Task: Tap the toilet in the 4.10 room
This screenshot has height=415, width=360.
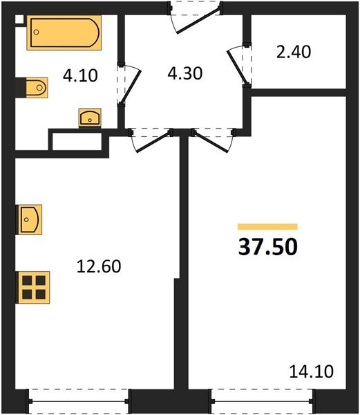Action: tap(33, 87)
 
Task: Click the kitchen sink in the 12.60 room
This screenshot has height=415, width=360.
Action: tap(31, 221)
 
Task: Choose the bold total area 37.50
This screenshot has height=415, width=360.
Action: tap(267, 247)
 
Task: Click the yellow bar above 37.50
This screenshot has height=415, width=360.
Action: tap(267, 226)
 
